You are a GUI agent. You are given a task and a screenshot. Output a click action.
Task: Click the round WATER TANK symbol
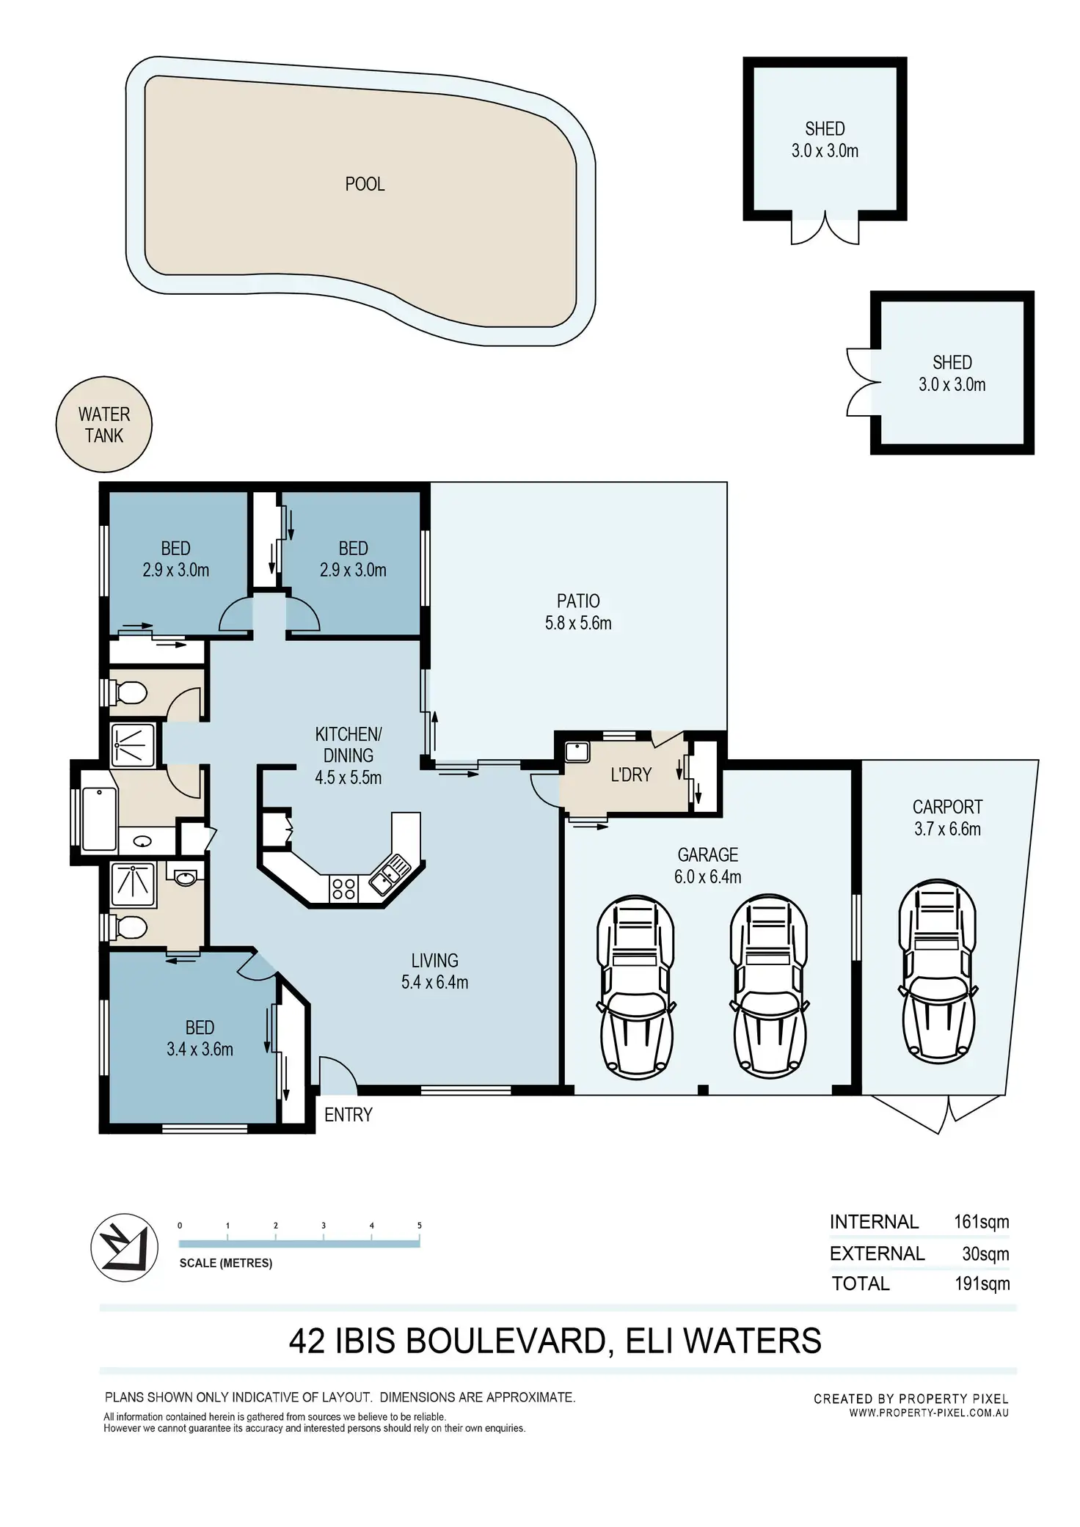(x=104, y=425)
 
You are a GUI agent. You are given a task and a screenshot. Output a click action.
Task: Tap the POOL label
(x=365, y=184)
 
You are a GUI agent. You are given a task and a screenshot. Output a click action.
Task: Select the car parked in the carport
(x=938, y=971)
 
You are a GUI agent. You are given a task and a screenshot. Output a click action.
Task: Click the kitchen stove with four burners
(x=343, y=888)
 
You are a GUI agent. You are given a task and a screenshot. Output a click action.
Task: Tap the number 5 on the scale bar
(x=420, y=1226)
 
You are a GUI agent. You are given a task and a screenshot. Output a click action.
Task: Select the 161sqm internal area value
(x=982, y=1222)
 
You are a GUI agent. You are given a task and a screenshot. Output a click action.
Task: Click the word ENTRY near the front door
(x=349, y=1115)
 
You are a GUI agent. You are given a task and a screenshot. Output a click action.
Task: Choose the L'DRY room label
(x=631, y=775)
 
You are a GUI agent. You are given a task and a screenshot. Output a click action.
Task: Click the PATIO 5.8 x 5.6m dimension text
(x=578, y=623)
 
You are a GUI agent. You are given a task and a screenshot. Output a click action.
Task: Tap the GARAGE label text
(x=708, y=854)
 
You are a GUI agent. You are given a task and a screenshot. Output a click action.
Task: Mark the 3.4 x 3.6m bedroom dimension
(x=200, y=1050)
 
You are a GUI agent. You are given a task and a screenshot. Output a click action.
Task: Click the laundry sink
(x=577, y=752)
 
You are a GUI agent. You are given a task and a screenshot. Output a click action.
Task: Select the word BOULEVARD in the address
(x=504, y=1341)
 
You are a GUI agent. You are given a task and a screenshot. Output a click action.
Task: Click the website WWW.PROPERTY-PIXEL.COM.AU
(x=929, y=1413)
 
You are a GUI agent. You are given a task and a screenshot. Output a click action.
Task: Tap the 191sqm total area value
(x=982, y=1284)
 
